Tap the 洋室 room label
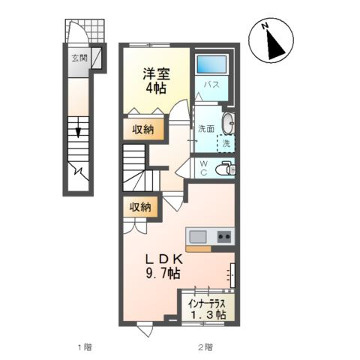point(156,74)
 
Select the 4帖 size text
point(156,88)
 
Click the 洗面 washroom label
point(206,128)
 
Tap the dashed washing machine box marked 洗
point(225,142)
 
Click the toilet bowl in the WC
point(223,169)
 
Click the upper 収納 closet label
point(143,130)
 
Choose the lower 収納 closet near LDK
point(140,207)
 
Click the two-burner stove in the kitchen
point(223,237)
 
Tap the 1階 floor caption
point(83,346)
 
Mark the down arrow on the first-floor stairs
point(76,133)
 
